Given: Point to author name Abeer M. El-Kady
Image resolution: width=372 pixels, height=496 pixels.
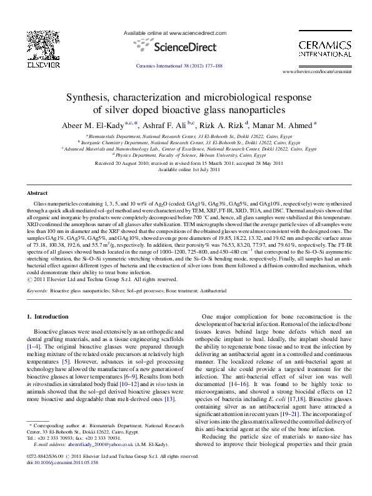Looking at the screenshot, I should [x=89, y=124].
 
